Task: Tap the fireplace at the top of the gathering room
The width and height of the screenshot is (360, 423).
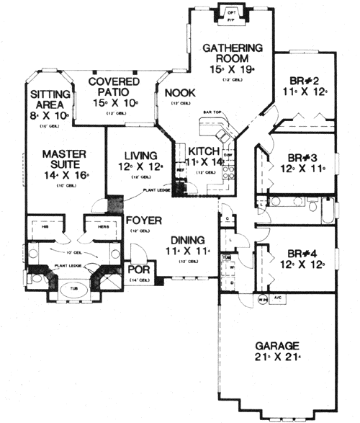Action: [x=232, y=14]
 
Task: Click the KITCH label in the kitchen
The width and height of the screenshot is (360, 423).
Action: [x=204, y=151]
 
